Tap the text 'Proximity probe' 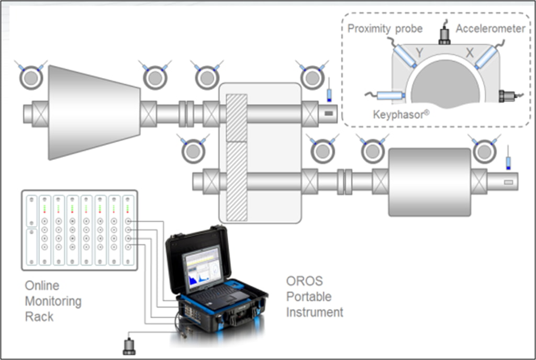[x=385, y=28]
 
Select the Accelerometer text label [x=490, y=28]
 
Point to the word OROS [x=301, y=280]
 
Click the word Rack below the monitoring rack [x=39, y=317]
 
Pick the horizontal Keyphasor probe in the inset [x=390, y=95]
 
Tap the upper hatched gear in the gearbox [x=236, y=117]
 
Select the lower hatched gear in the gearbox [x=236, y=181]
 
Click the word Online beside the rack [x=42, y=286]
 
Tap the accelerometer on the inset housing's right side [x=508, y=96]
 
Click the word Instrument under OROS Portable [x=314, y=312]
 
